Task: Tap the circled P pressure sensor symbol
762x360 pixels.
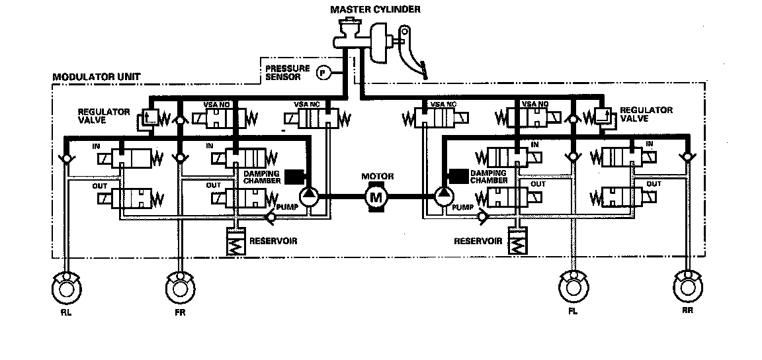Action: click(323, 73)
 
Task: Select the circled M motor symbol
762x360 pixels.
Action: click(375, 196)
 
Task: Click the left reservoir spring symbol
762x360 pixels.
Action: click(237, 244)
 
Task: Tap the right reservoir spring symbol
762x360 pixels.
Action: click(517, 244)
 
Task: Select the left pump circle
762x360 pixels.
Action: click(309, 196)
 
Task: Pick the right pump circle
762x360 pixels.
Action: click(443, 196)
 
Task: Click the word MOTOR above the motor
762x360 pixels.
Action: click(377, 177)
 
